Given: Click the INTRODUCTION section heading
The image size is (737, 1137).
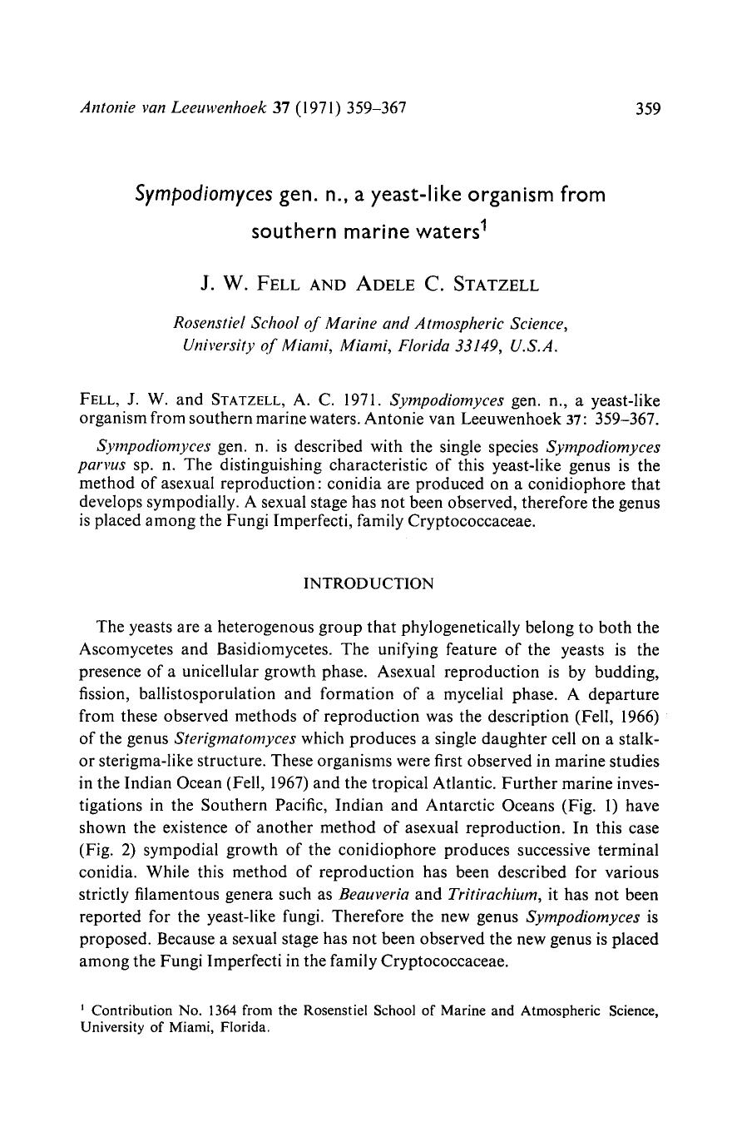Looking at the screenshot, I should pos(368,583).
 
